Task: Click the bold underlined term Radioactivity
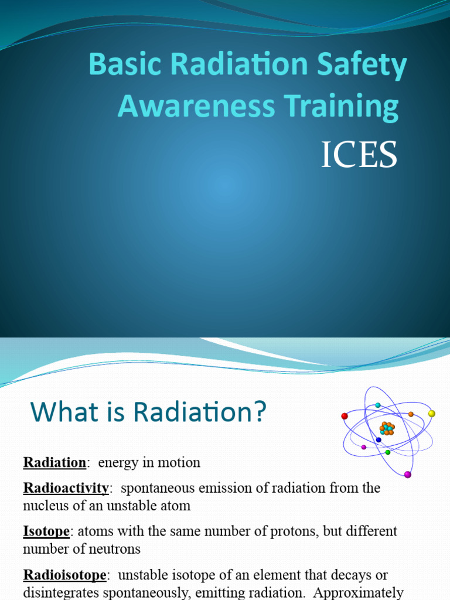click(66, 488)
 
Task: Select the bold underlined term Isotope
click(46, 531)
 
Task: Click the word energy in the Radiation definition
click(117, 463)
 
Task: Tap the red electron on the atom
click(345, 416)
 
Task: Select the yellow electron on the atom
click(432, 414)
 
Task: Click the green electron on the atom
click(388, 452)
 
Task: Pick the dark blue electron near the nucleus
click(379, 439)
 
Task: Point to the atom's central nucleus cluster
click(387, 428)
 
